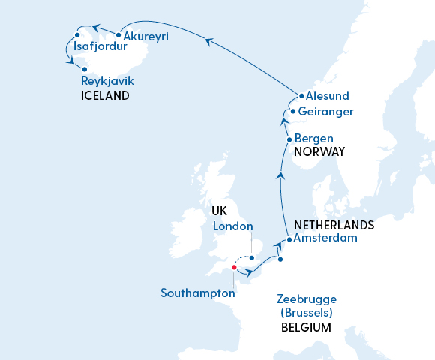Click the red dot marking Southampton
[234, 267]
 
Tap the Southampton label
[198, 293]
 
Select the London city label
[233, 226]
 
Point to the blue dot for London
[252, 258]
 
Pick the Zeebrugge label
[305, 298]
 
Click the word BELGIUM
[305, 327]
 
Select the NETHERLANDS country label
[334, 225]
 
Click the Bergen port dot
[289, 139]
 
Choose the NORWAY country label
[319, 151]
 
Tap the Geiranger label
[325, 112]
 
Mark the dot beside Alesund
[301, 96]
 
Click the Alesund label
[328, 96]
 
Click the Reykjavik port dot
[73, 68]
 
